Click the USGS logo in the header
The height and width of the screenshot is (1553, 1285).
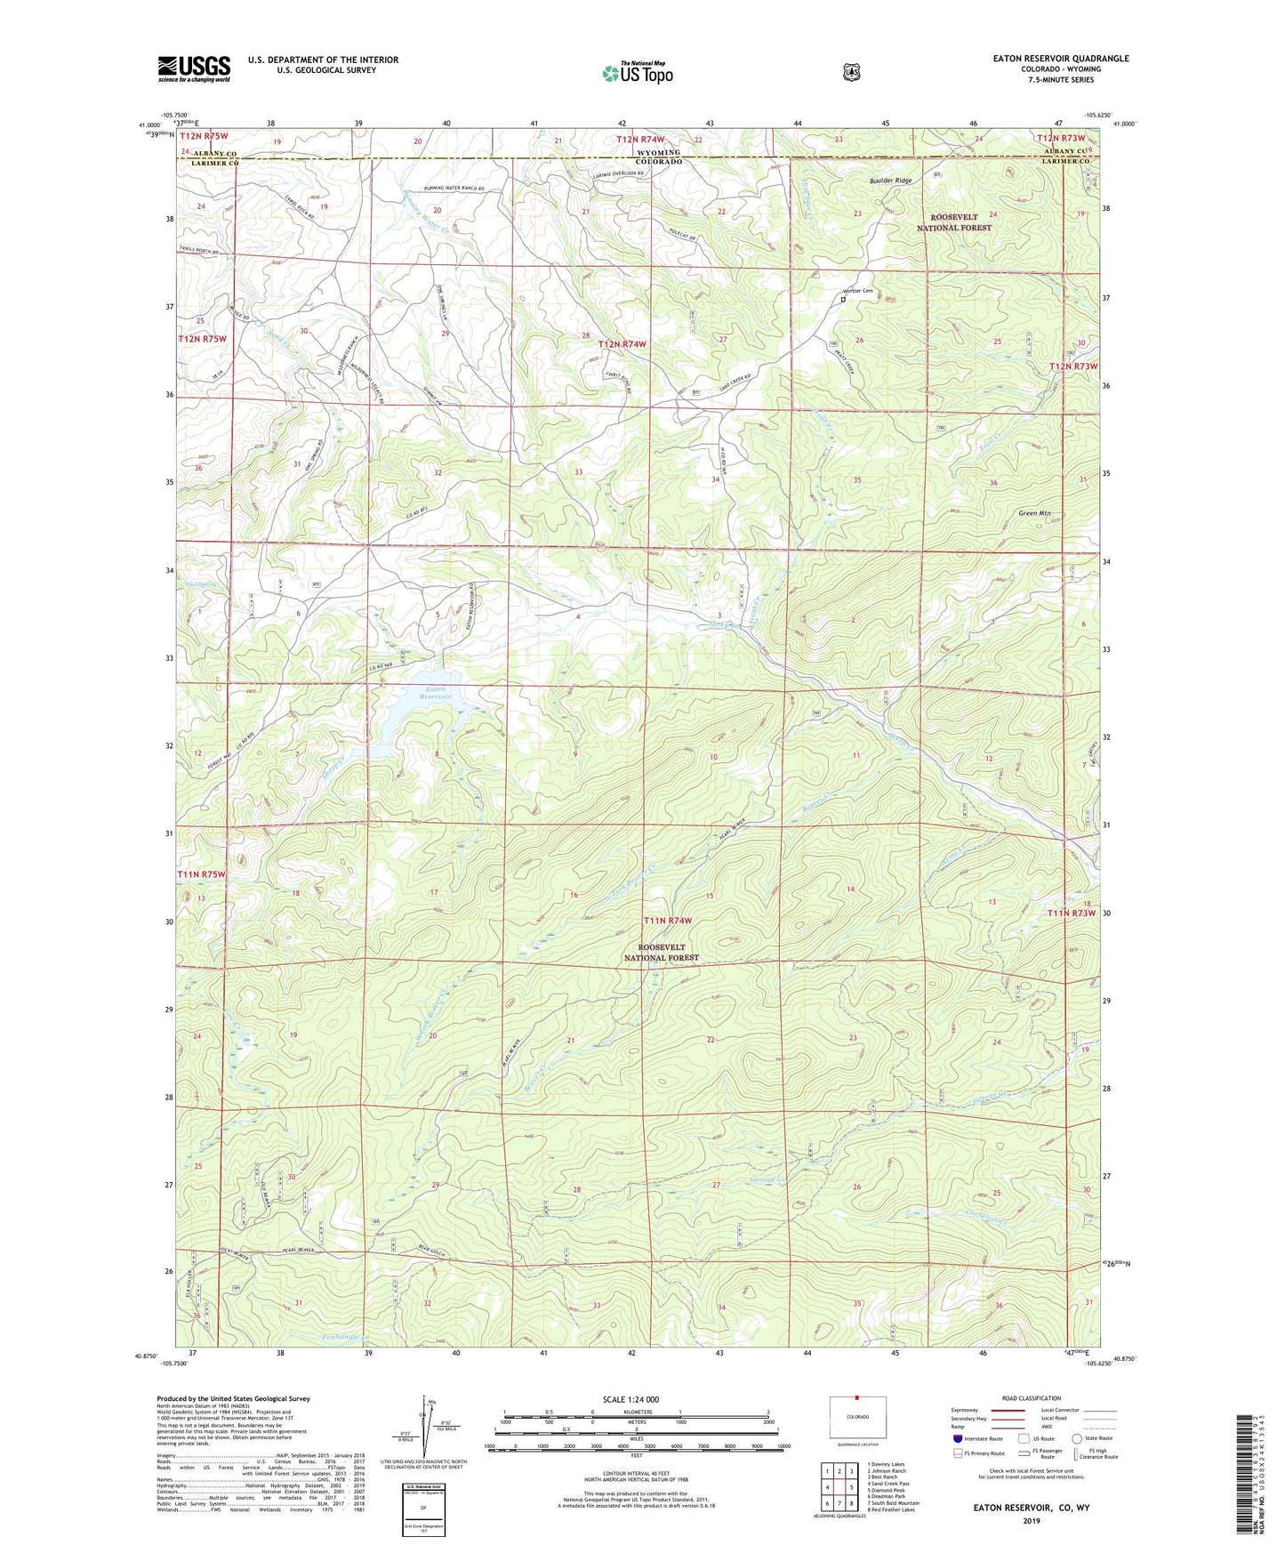(x=194, y=68)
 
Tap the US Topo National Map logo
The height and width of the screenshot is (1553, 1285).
(x=637, y=72)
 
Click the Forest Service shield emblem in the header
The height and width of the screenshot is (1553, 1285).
(x=851, y=72)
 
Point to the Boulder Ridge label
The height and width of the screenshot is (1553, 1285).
(x=890, y=181)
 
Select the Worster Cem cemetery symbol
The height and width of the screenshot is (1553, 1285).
(x=843, y=300)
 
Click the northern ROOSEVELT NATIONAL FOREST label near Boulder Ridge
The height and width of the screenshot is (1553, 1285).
(x=953, y=222)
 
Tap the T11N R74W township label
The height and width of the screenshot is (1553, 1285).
(x=668, y=920)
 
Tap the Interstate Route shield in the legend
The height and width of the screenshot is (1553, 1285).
(x=957, y=1463)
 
